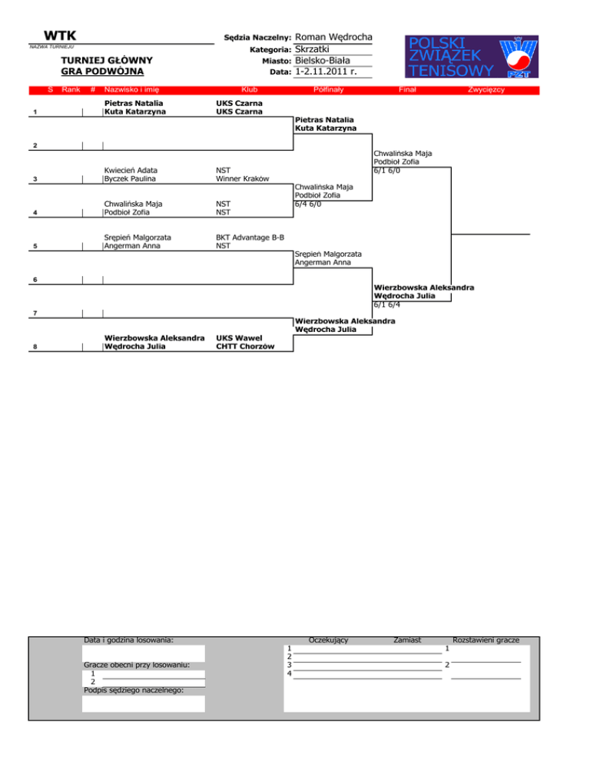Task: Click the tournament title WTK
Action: point(59,36)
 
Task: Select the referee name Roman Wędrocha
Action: point(333,37)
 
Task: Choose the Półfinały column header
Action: point(328,91)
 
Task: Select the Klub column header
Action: point(249,91)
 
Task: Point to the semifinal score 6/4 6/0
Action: point(313,204)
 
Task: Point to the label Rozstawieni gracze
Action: point(487,639)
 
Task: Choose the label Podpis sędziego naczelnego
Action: point(134,690)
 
